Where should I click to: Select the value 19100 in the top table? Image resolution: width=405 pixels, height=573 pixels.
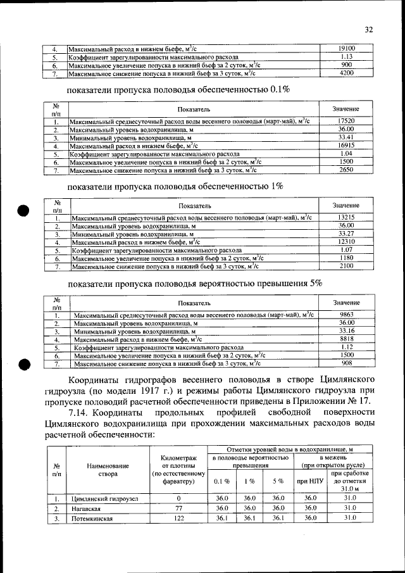[346, 48]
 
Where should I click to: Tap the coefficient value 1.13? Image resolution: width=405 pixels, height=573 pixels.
[346, 56]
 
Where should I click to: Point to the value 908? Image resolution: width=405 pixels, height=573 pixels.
[346, 363]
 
